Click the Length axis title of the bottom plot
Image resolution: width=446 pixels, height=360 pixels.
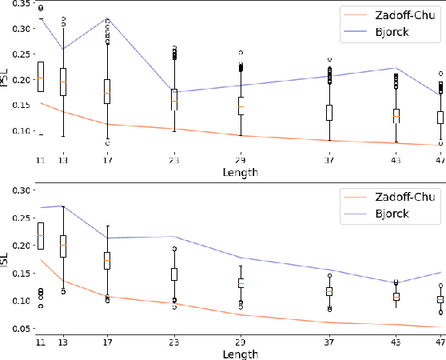point(241,353)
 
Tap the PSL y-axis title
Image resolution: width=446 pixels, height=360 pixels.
point(6,78)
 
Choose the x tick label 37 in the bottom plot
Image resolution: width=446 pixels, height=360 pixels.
point(329,342)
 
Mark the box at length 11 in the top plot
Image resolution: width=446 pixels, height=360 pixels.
point(41,76)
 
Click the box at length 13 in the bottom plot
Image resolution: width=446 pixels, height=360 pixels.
point(64,246)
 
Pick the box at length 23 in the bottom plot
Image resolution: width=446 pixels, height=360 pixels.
point(174,274)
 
